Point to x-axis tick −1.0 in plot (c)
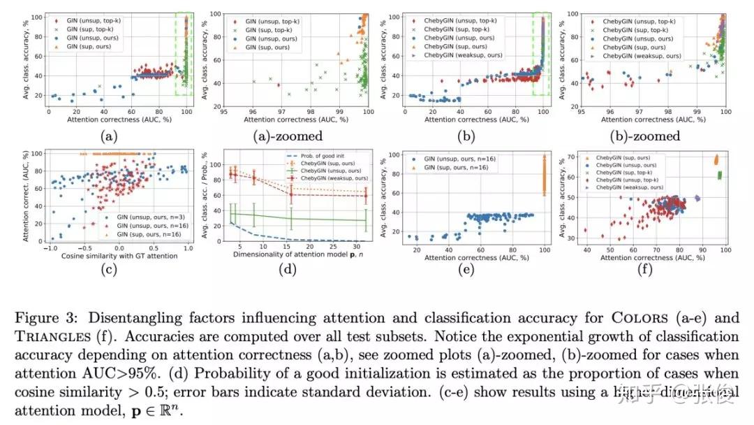coord(50,247)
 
